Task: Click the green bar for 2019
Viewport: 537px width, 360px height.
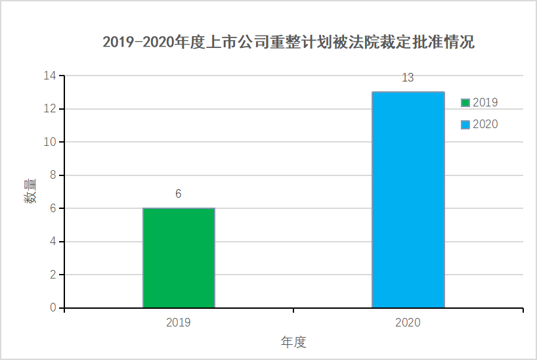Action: [179, 258]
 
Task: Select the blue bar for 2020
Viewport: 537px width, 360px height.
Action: [408, 200]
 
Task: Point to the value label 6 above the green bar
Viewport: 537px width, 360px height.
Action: [178, 194]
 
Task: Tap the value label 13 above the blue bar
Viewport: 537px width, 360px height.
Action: [408, 78]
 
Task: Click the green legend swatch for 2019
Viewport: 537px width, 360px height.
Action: [465, 102]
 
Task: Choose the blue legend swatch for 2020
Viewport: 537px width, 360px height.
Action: [465, 124]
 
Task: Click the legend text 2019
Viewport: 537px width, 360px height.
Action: [485, 102]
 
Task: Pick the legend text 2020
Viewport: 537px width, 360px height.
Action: [485, 124]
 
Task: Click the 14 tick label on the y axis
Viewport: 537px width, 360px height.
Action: [50, 76]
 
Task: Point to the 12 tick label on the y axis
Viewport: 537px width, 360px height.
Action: [50, 108]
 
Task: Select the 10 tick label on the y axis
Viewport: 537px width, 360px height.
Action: [50, 142]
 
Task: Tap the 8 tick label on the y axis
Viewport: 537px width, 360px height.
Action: [53, 175]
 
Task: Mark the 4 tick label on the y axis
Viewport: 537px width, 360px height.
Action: [53, 242]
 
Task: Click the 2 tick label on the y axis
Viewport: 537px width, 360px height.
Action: [53, 275]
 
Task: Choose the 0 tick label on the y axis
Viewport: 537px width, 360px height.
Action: [53, 308]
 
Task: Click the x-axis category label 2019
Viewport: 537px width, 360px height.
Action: [179, 323]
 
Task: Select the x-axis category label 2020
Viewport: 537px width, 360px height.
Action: [408, 323]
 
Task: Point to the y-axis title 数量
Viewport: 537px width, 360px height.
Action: [30, 191]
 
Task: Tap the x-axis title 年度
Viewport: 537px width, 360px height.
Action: [293, 342]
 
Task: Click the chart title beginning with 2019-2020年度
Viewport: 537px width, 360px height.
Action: [288, 43]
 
